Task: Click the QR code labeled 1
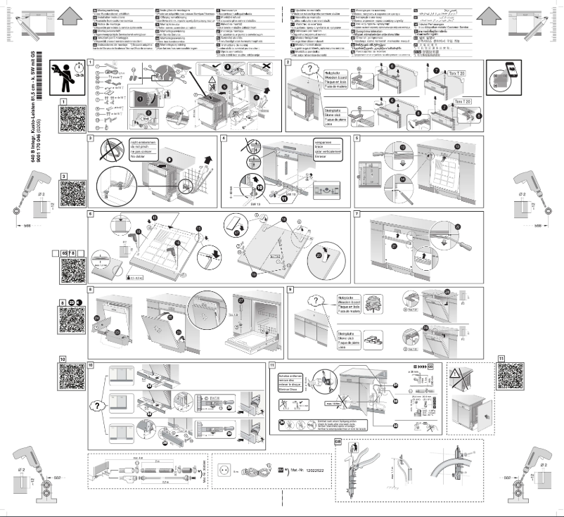(x=72, y=116)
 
